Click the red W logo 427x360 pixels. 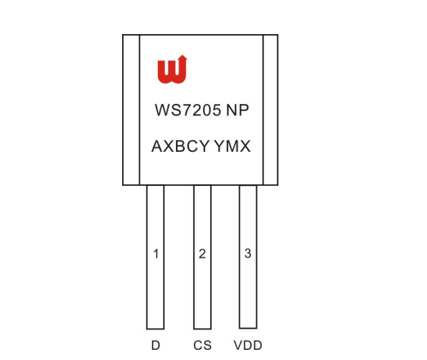tap(173, 70)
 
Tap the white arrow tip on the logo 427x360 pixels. tap(183, 55)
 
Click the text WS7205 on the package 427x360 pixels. tap(188, 110)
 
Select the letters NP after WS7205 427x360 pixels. tap(237, 110)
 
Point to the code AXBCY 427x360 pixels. tap(180, 146)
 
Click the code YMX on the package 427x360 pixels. tap(232, 146)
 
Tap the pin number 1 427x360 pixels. tap(155, 254)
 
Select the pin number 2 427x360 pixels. tap(202, 253)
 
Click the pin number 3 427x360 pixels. tap(248, 253)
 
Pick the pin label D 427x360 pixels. tap(155, 345)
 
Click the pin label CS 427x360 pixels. tap(202, 345)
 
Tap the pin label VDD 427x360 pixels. tap(248, 345)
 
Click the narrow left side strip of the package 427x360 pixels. tap(132, 110)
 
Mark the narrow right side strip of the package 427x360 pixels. tap(271, 110)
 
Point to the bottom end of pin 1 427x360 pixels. tap(155, 329)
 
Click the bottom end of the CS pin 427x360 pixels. tap(202, 329)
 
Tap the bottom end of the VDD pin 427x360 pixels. tap(248, 328)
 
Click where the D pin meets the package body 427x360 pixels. tap(155, 185)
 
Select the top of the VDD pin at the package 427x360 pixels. tap(248, 185)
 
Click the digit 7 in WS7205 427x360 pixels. tap(186, 110)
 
